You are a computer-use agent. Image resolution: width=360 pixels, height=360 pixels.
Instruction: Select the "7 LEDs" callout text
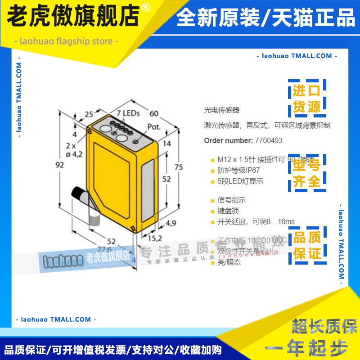(128, 113)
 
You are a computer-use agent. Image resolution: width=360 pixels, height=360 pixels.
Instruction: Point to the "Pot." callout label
(153, 127)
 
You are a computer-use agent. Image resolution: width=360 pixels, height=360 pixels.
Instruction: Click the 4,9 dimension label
(171, 223)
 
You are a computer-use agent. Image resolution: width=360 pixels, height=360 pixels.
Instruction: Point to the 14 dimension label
(167, 144)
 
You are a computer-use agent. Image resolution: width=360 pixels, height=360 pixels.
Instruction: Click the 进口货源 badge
(307, 99)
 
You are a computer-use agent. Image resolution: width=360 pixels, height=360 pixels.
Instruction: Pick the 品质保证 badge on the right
(307, 245)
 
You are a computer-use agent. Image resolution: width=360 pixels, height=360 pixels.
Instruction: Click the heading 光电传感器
(221, 109)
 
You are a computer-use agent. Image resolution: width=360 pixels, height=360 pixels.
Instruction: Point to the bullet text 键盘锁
(228, 211)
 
